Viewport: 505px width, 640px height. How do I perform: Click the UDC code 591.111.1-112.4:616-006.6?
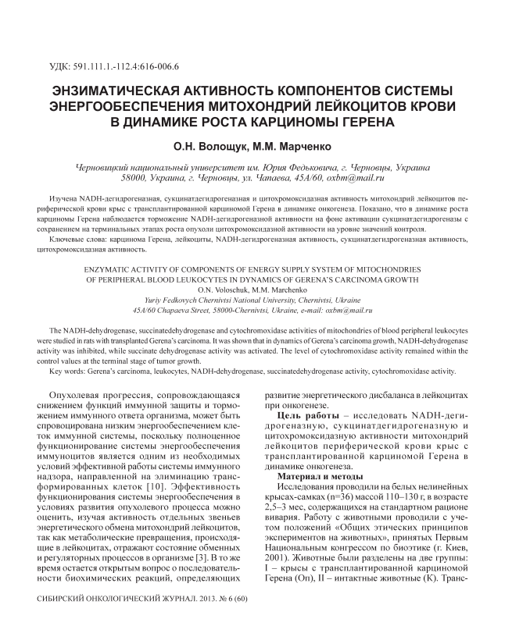coord(125,66)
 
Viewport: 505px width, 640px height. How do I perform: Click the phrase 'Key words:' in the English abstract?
coord(67,372)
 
